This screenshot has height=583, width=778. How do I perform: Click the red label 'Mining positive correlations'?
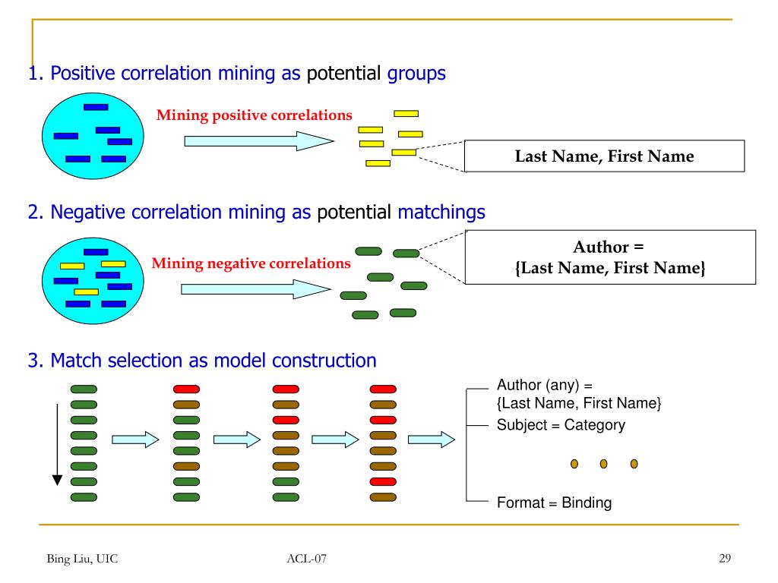tap(254, 115)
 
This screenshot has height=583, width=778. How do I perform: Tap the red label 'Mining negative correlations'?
tap(251, 263)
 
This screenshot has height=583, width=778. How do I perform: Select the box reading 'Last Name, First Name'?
tap(604, 156)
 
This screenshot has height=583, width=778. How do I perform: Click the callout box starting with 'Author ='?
tap(610, 257)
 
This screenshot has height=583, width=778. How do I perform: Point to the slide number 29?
tap(725, 558)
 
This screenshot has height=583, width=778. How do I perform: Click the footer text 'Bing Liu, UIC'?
tap(82, 559)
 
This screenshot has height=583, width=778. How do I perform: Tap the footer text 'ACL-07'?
tap(307, 559)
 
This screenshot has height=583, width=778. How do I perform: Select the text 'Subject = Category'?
tap(561, 425)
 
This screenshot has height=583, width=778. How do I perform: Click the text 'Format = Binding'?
tap(554, 503)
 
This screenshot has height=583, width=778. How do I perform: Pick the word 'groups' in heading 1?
tap(416, 74)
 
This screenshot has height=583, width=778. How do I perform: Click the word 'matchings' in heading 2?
tap(441, 213)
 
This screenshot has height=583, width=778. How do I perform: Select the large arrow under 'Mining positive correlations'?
tap(259, 141)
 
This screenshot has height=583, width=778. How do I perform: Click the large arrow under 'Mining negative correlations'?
tap(255, 289)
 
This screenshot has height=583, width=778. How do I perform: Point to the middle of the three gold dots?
tap(604, 464)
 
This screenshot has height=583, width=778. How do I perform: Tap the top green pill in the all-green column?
tap(84, 389)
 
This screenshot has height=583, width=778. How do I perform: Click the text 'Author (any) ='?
tap(545, 385)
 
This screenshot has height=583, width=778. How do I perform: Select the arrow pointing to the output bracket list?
tap(432, 440)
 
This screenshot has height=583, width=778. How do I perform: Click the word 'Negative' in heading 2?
tap(87, 213)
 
